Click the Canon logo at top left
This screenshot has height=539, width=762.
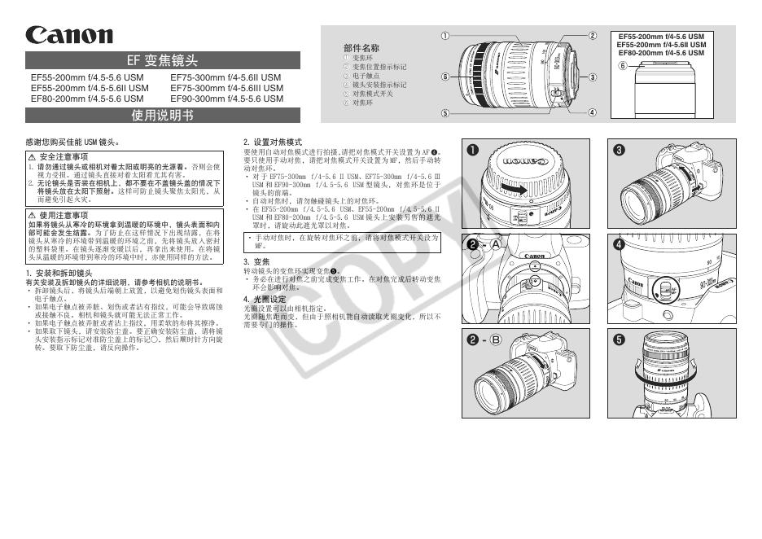click(x=69, y=35)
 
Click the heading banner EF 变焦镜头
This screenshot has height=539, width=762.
click(x=163, y=60)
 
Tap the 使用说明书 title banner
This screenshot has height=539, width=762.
click(x=163, y=115)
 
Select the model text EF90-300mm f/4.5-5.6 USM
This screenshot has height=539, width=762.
click(x=227, y=99)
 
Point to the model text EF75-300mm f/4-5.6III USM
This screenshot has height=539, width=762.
click(x=227, y=88)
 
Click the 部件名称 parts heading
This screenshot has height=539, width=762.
click(x=361, y=49)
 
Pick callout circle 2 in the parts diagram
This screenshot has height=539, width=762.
click(x=593, y=36)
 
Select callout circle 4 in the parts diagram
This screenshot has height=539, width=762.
click(x=593, y=112)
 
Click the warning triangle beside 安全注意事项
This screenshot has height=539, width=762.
click(x=32, y=156)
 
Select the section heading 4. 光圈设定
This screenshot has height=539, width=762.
click(x=265, y=299)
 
